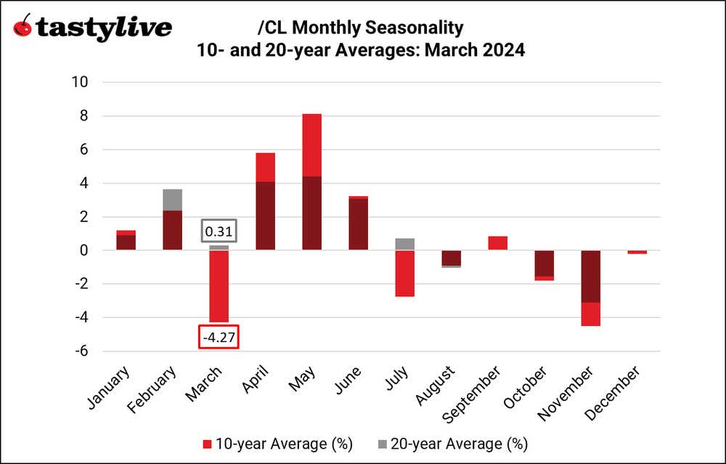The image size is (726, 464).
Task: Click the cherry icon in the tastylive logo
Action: pos(23,28)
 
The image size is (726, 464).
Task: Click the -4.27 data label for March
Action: pos(219,338)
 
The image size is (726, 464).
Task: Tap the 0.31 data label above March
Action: pos(219,232)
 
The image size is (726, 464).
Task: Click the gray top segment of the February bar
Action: pos(172,200)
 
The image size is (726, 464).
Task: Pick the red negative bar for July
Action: pos(404,273)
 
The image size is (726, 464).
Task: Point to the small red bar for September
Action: pos(497,243)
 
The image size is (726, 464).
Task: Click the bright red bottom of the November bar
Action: pos(590,314)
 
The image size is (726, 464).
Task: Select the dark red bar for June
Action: pos(358,224)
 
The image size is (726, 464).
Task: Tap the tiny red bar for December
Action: pos(637,252)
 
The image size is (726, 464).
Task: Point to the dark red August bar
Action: pos(451,258)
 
